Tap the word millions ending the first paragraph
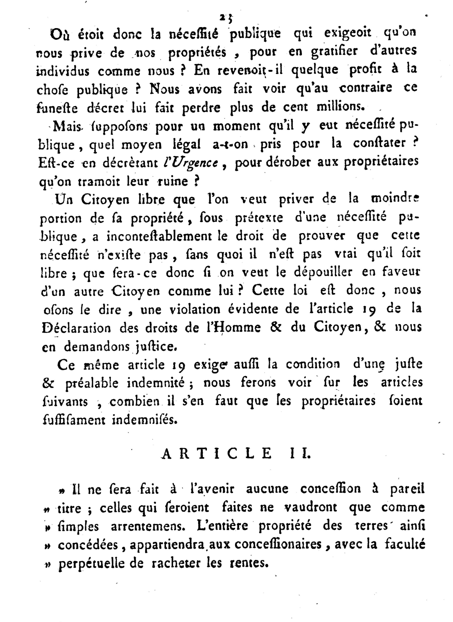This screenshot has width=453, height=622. pos(340,107)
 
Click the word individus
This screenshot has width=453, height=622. pos(62,70)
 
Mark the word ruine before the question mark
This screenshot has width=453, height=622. pos(173,181)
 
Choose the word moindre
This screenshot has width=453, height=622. pos(395,199)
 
